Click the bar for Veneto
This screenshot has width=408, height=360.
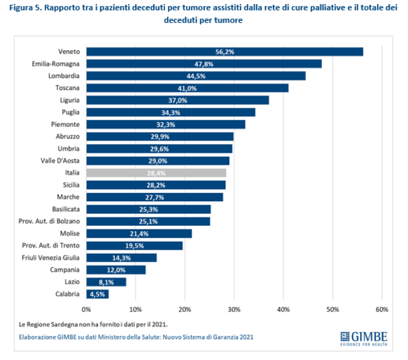click(x=225, y=51)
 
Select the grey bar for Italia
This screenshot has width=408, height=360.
click(x=157, y=173)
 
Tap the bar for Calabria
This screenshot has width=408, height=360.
click(x=97, y=294)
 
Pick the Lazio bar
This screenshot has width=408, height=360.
click(x=106, y=282)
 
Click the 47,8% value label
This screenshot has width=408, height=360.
click(x=204, y=64)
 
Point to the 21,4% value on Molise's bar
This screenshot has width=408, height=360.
click(x=139, y=233)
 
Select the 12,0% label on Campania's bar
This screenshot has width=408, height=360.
click(x=116, y=270)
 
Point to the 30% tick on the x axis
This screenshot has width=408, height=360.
click(x=234, y=309)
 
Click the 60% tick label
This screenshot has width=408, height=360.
click(x=382, y=309)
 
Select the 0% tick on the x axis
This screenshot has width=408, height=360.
click(x=86, y=309)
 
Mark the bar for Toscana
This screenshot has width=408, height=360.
click(x=188, y=88)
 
